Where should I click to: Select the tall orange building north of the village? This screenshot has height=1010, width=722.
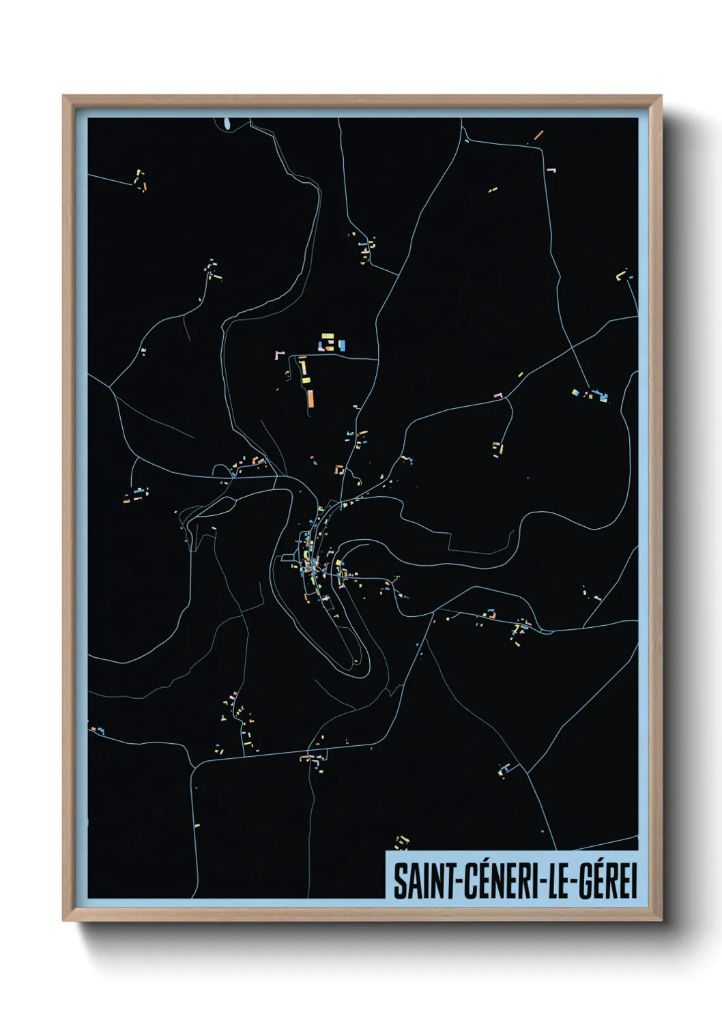311,399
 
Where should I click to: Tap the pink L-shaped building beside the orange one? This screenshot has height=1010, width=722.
278,355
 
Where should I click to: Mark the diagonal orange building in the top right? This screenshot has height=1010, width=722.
538,134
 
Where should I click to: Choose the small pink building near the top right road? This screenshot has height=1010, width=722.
551,169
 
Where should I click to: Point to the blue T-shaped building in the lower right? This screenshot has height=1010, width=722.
505,770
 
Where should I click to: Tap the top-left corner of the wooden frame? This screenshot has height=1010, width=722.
63,97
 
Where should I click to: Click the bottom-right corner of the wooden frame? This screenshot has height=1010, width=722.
661,921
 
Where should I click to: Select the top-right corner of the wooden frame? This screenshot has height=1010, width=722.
661,97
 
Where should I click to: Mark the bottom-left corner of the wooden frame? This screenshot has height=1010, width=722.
63,921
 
